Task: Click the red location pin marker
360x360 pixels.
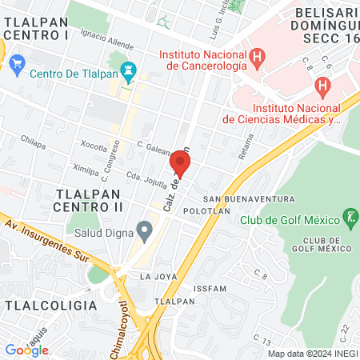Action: [x=180, y=164]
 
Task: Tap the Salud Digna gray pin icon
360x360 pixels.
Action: [x=144, y=233]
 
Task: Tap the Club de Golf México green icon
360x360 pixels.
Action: [x=349, y=216]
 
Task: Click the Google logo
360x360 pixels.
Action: [x=26, y=350]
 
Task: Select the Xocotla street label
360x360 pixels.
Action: [x=94, y=146]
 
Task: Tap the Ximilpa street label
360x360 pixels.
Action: [x=86, y=170]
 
